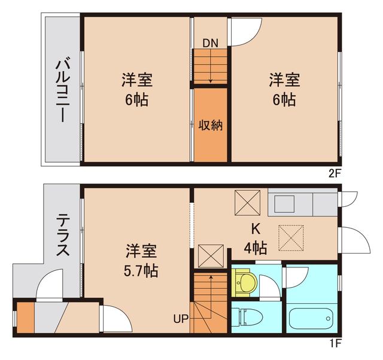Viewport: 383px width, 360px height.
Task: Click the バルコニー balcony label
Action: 62,90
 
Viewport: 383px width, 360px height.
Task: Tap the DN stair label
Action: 209,42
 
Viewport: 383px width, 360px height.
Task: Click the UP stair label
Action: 181,318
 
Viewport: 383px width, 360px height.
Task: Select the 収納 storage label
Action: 210,126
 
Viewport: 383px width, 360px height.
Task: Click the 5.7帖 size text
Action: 141,270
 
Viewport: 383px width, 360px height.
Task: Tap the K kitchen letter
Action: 256,228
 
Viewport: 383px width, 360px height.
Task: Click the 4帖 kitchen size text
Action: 256,246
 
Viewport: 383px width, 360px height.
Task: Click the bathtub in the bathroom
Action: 313,318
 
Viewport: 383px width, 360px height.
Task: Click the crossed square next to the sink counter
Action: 247,202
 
